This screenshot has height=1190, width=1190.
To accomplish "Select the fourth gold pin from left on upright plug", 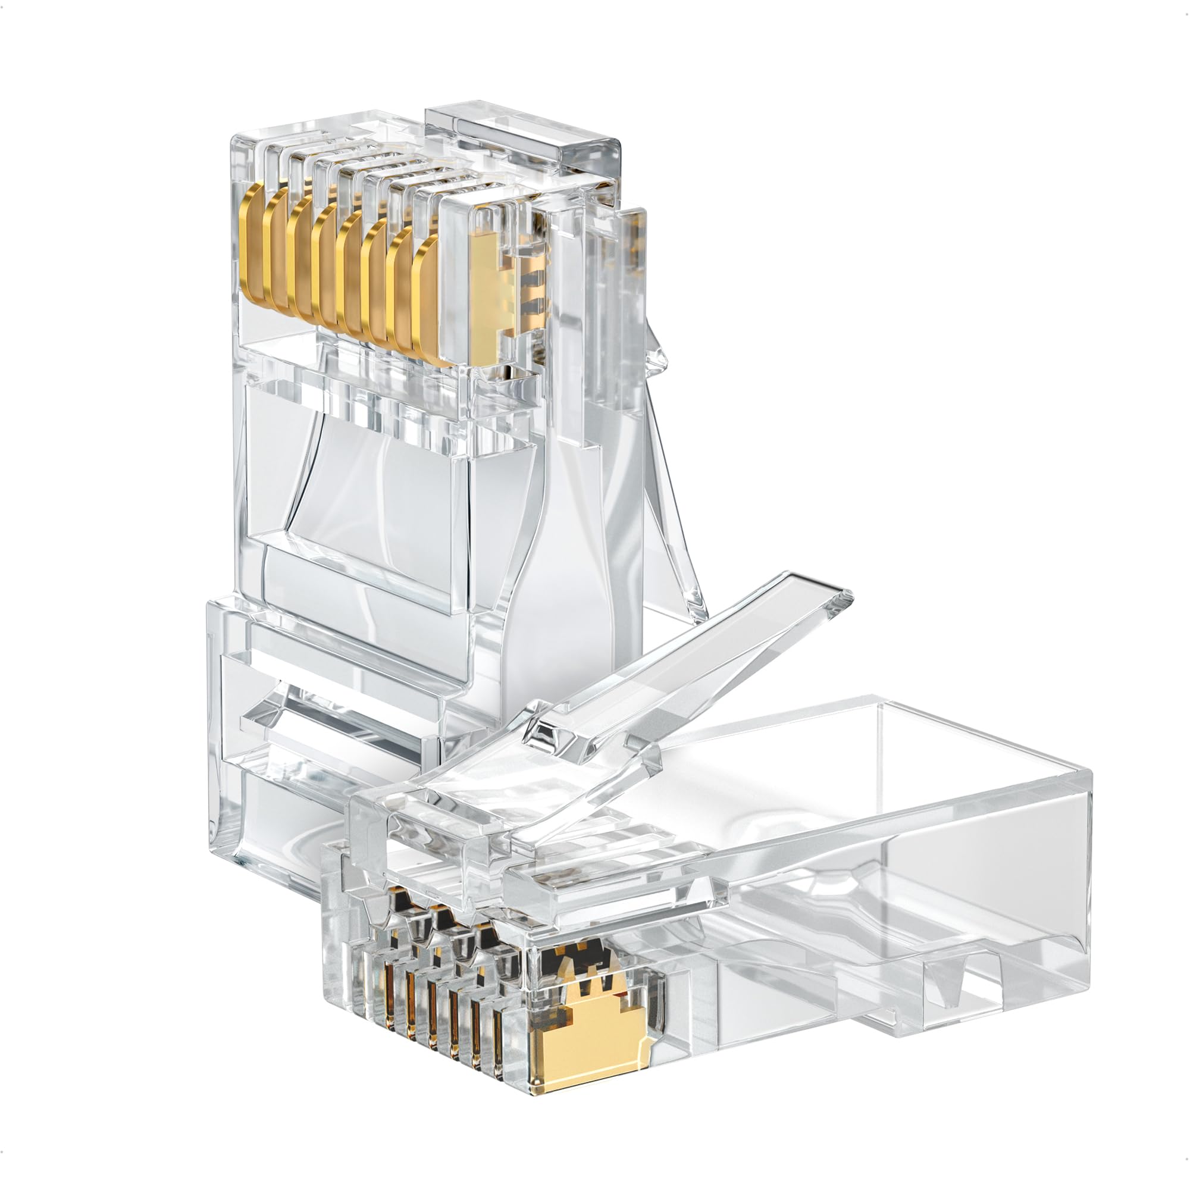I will [327, 265].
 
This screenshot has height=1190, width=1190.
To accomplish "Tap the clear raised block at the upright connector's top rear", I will [524, 139].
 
